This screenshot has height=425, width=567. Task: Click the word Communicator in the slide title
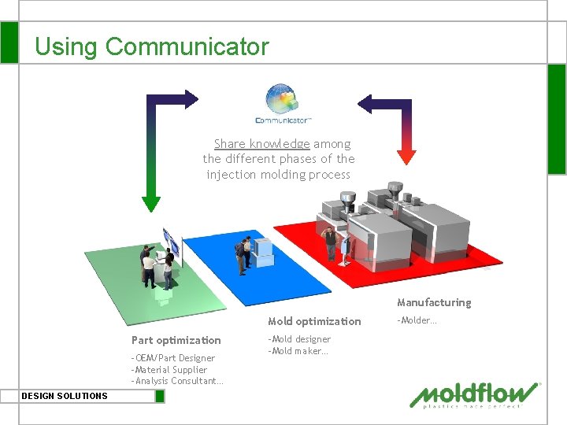(x=187, y=47)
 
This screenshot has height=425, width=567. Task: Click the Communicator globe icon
(x=283, y=100)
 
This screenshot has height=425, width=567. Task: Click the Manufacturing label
(x=434, y=302)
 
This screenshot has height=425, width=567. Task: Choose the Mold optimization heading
(x=314, y=321)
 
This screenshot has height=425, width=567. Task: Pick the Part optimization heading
(x=176, y=340)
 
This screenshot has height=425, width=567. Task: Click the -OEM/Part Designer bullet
(x=172, y=358)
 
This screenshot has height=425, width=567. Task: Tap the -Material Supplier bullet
(x=169, y=370)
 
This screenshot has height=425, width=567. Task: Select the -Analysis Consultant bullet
(x=177, y=382)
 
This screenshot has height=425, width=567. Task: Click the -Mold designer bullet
(x=299, y=339)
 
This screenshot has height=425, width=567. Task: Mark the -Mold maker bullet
(x=298, y=351)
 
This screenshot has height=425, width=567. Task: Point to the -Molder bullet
(x=417, y=320)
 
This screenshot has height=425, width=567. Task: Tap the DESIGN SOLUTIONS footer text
(x=65, y=396)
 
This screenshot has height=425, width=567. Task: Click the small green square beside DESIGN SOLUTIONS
(x=160, y=396)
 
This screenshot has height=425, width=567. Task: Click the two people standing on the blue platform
(x=245, y=252)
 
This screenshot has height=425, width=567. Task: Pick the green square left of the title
(x=9, y=42)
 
